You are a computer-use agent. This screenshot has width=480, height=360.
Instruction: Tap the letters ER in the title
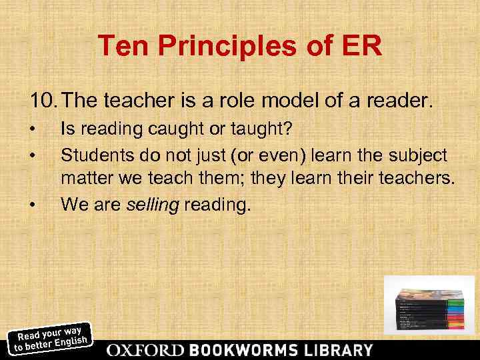pos(363,47)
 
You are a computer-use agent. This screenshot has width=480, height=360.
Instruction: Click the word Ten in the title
pos(121,47)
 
